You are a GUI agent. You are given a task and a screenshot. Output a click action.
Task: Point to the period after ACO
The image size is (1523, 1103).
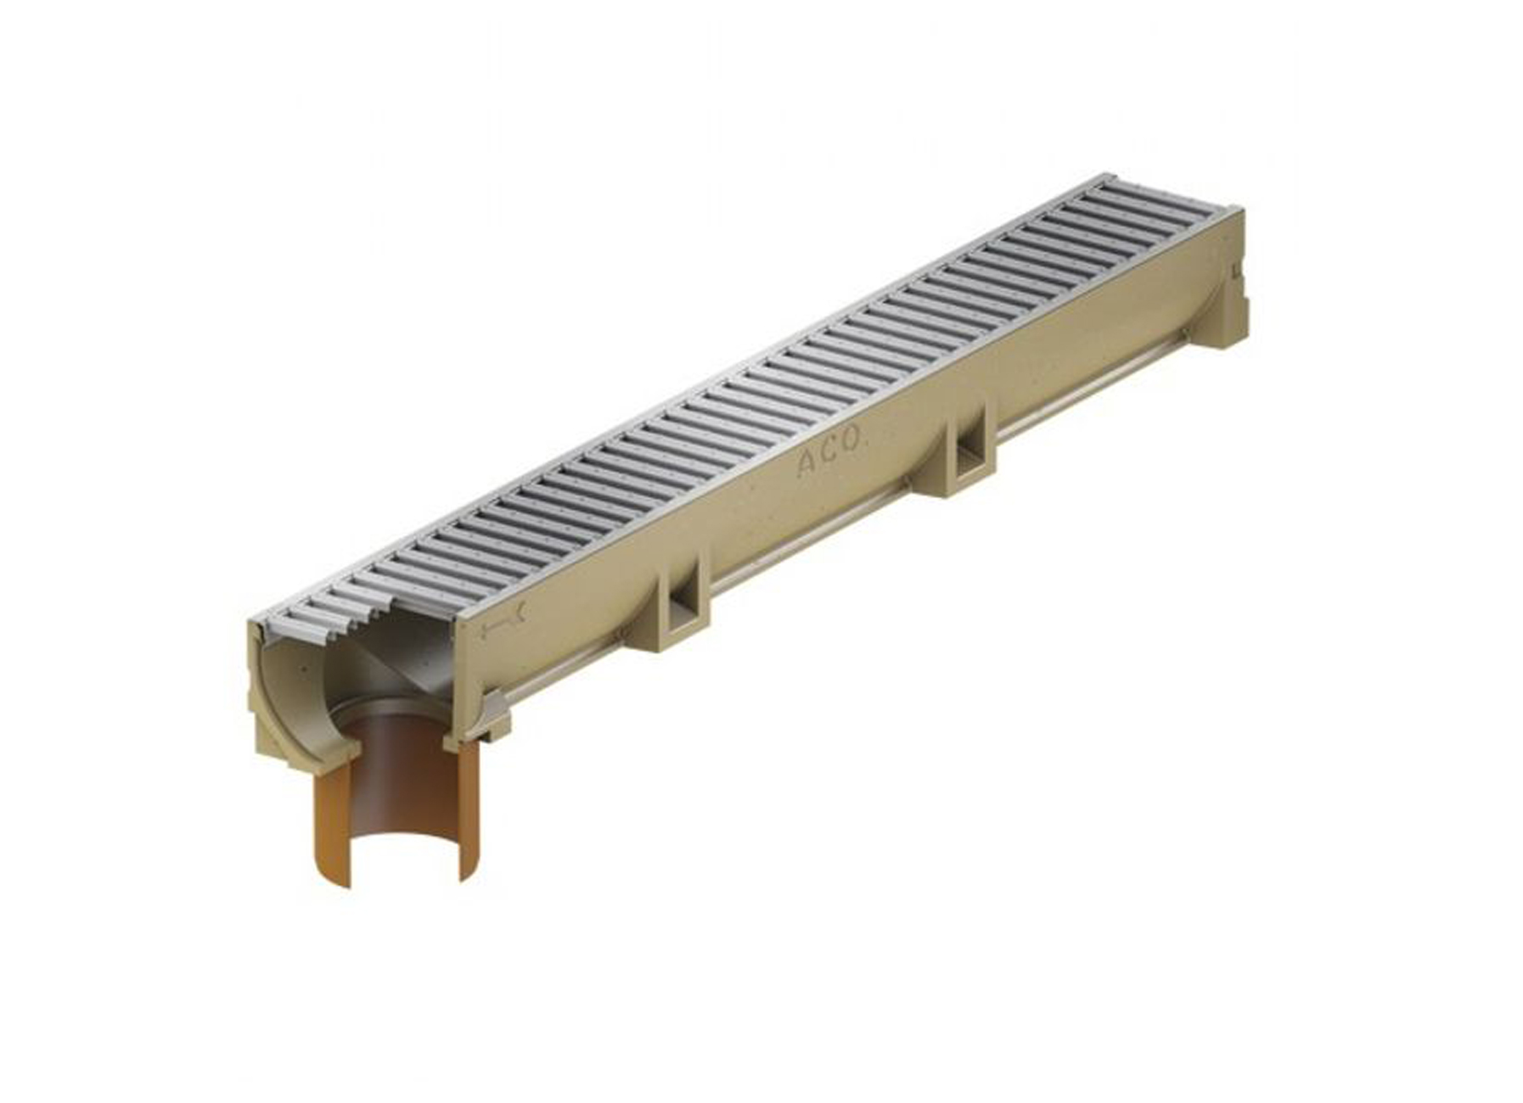point(867,439)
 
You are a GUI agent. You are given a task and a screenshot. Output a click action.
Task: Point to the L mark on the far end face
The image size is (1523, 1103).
point(1235,272)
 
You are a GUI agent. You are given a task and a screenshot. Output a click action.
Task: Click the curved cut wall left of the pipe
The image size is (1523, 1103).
point(297,679)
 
